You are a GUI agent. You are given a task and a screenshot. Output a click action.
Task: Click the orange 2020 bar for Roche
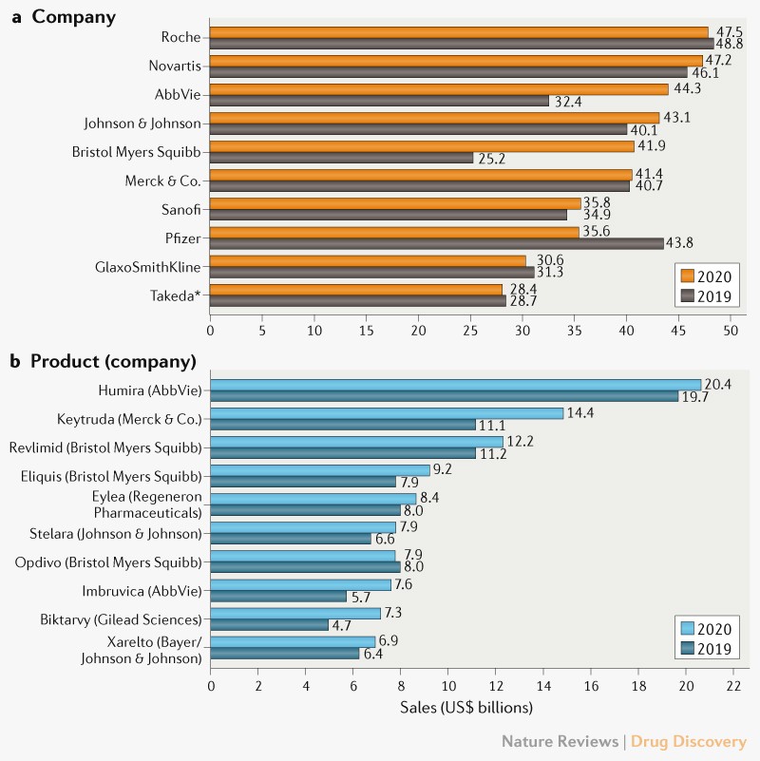coord(459,31)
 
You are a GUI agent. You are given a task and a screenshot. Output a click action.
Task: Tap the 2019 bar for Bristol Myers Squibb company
coord(341,158)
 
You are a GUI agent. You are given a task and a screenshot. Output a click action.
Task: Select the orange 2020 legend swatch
coord(691,276)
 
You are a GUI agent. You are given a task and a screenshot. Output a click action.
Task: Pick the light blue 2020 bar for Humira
coord(455,385)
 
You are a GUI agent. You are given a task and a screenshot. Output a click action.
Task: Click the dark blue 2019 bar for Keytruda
coord(343,425)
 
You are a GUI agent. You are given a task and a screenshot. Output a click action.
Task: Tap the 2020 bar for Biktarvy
coord(295,613)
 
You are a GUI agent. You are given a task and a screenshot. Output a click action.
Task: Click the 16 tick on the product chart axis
coord(590,684)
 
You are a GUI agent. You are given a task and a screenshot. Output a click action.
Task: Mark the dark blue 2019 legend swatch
coord(691,650)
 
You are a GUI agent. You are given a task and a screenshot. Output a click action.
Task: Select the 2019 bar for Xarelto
coord(284,654)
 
